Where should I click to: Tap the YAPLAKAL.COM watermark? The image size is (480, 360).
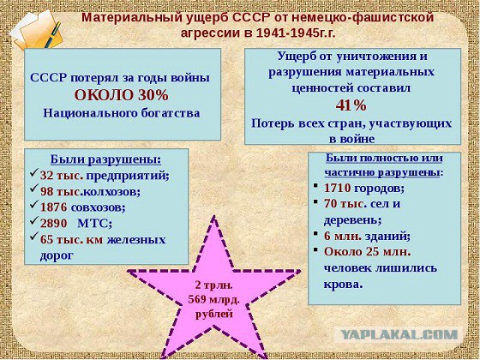[399, 334]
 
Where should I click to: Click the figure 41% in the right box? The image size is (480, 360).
[351, 105]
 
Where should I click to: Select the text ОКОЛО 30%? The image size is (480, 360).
[121, 95]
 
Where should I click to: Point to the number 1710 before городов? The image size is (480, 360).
[338, 188]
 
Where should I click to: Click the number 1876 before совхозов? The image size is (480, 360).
[53, 207]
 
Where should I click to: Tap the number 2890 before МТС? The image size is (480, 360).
[53, 223]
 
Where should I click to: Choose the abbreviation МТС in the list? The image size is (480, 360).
[94, 224]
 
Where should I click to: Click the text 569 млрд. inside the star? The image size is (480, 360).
[213, 299]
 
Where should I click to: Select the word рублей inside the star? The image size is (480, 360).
[214, 314]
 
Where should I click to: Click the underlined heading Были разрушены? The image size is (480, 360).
[106, 159]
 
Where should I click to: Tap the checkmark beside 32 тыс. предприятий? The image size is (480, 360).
[34, 173]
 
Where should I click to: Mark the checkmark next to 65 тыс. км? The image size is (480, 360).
[34, 237]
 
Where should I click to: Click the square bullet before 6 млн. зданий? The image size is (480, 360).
[315, 233]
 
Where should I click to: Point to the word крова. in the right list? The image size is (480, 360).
[343, 285]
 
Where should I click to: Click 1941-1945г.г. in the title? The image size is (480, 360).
[296, 33]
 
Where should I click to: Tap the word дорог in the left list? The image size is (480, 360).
[57, 255]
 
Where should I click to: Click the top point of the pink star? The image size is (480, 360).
[214, 216]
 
